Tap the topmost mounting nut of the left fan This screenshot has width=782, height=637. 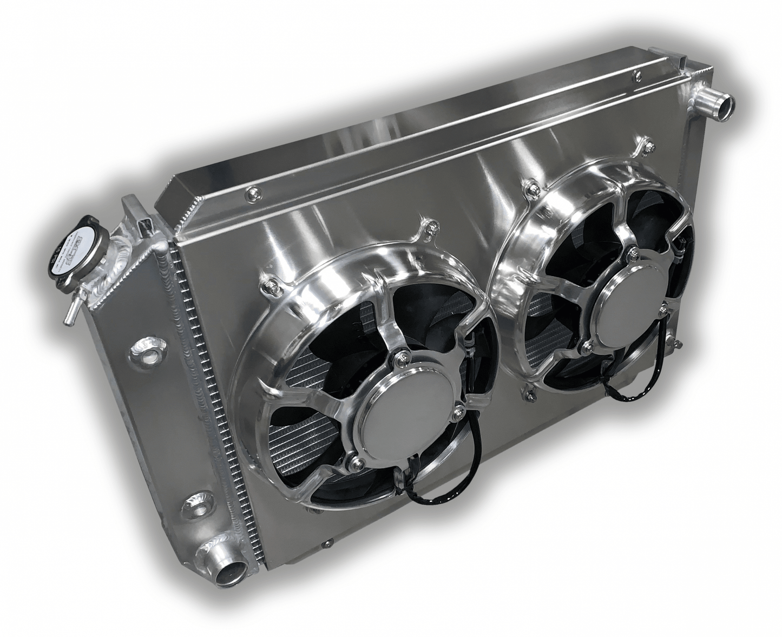431,226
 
